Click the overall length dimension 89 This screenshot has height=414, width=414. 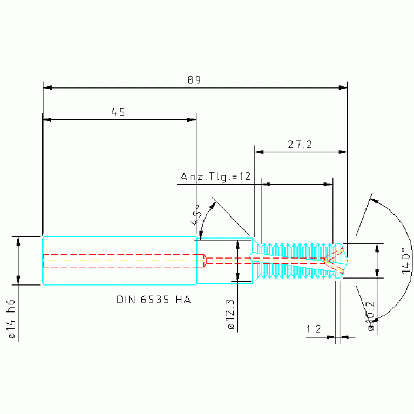point(194,80)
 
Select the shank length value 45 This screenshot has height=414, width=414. point(118,112)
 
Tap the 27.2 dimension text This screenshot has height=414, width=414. point(300,145)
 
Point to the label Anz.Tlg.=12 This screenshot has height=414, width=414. point(215,177)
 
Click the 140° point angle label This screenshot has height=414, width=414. point(406,260)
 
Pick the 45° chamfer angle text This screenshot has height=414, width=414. point(195,214)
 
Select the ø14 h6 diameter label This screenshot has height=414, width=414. point(11,319)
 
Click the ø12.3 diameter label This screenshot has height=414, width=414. point(230,314)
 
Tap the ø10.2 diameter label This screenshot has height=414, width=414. point(370,316)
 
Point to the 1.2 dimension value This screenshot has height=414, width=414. point(314,329)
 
